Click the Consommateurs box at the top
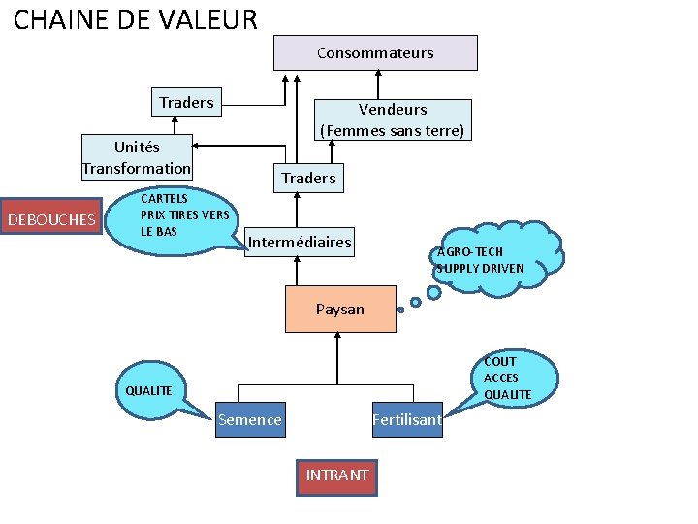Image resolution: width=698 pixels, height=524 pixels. [375, 52]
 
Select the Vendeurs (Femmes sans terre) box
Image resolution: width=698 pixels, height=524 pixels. [393, 119]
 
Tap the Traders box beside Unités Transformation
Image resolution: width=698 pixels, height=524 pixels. [186, 102]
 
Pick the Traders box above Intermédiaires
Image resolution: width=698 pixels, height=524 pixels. [308, 178]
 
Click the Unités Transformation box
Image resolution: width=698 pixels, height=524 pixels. [137, 157]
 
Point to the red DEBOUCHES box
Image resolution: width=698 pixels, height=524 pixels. [51, 219]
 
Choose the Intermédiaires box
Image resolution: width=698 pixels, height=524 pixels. [301, 242]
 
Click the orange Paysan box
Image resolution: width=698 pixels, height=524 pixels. [340, 310]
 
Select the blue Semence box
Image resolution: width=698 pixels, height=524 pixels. [250, 420]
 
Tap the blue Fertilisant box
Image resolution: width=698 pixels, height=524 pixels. [407, 420]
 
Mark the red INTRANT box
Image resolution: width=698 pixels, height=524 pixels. [336, 475]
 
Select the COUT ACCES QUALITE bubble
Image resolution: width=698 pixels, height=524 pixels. [514, 377]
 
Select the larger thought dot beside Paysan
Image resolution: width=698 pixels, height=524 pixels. [416, 302]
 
